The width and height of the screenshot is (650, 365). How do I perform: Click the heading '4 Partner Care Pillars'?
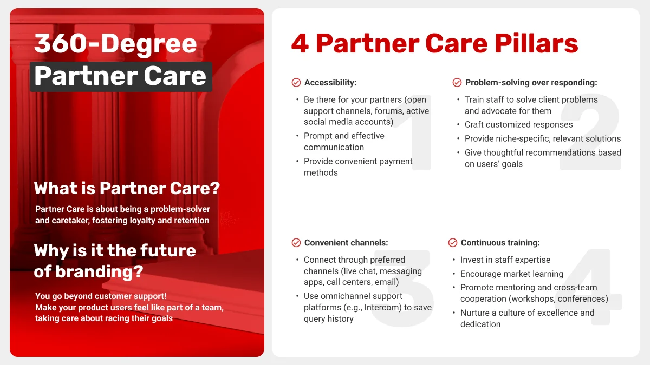pyautogui.click(x=434, y=43)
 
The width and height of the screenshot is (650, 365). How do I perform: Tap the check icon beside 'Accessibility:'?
pyautogui.click(x=296, y=83)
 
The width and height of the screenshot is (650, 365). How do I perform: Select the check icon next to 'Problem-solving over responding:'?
pyautogui.click(x=457, y=83)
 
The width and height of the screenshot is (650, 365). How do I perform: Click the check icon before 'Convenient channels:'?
pyautogui.click(x=296, y=243)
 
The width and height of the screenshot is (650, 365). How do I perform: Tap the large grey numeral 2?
pyautogui.click(x=590, y=132)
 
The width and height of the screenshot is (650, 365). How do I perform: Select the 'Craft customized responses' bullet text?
pyautogui.click(x=518, y=124)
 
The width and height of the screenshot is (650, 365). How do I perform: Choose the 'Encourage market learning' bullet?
pyautogui.click(x=511, y=274)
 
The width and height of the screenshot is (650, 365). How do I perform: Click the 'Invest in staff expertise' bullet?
pyautogui.click(x=505, y=260)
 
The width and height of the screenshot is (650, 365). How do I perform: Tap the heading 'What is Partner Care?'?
pyautogui.click(x=127, y=188)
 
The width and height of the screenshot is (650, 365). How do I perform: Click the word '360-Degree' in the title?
pyautogui.click(x=115, y=43)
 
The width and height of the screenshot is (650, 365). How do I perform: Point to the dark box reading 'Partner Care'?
pyautogui.click(x=120, y=76)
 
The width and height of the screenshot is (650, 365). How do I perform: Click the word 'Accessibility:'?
pyautogui.click(x=330, y=83)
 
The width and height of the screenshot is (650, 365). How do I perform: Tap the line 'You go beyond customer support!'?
pyautogui.click(x=101, y=296)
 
